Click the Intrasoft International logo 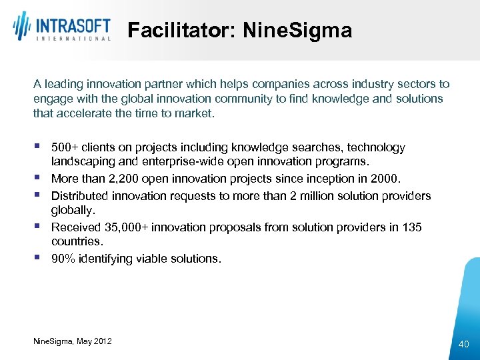click(61, 27)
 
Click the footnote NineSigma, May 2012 click(73, 341)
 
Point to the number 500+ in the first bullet click(65, 147)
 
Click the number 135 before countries click(411, 227)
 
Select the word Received click(75, 227)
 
